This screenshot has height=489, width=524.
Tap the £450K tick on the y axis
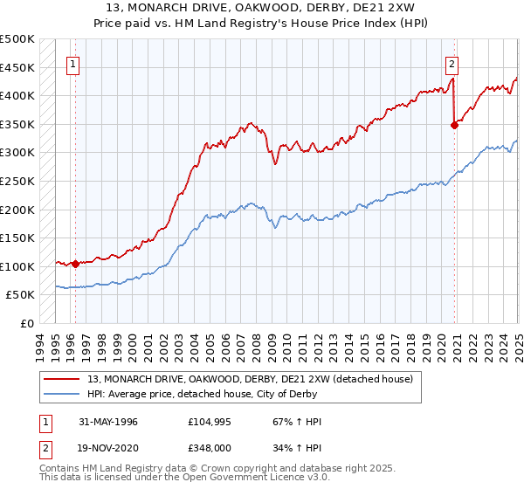tap(17, 67)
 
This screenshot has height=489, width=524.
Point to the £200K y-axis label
tap(17, 210)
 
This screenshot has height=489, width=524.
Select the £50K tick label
tap(21, 295)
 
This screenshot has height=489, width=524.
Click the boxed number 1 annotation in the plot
tap(72, 63)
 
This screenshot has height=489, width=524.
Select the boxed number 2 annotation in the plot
tap(452, 63)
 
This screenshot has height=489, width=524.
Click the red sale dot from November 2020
tap(454, 125)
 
